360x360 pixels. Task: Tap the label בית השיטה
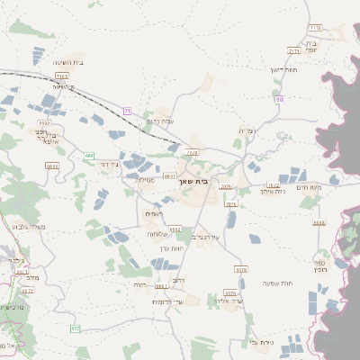pos(68,62)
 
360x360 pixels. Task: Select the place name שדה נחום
pos(159,121)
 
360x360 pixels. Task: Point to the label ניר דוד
pos(107,165)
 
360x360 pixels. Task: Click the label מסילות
pos(145,180)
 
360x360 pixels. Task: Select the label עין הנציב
pos(209,237)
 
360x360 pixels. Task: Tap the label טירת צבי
pos(259,343)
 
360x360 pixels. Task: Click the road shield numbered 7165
pos(62,77)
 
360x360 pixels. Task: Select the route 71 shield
pos(128,110)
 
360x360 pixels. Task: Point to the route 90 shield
pos(280,99)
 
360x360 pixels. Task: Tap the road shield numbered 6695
pos(51,166)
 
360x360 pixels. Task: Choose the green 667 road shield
pos(75,329)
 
